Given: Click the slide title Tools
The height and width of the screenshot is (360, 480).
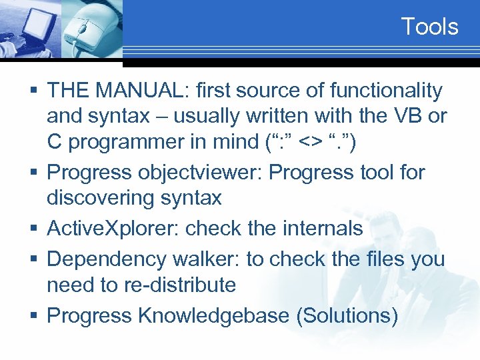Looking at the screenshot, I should (x=429, y=27).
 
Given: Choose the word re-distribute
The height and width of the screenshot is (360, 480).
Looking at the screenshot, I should (x=179, y=285).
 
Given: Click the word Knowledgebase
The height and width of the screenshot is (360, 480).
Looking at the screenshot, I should (x=213, y=315).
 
